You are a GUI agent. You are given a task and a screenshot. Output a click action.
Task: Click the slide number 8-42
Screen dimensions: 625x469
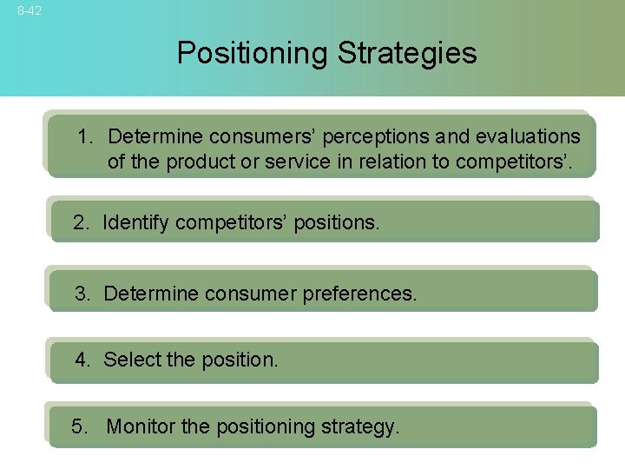[x=29, y=11]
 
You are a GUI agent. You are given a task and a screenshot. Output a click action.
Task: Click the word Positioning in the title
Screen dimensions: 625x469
[x=253, y=53]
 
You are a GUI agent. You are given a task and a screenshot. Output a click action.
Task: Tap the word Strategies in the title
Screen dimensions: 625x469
[x=407, y=53]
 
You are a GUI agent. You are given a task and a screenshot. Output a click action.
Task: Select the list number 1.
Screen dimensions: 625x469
[x=85, y=137]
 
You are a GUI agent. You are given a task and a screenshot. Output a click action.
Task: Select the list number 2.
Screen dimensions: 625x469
[x=81, y=223]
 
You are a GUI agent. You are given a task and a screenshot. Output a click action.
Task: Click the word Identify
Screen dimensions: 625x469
[x=135, y=223]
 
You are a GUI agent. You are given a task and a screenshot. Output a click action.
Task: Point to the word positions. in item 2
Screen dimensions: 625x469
[x=337, y=223]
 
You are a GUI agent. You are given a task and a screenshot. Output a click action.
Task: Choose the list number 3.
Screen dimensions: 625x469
[x=82, y=294]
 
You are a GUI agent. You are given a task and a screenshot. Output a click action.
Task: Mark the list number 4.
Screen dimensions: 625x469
[x=82, y=360]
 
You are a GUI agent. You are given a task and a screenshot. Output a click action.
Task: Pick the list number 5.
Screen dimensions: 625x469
[x=81, y=426]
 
